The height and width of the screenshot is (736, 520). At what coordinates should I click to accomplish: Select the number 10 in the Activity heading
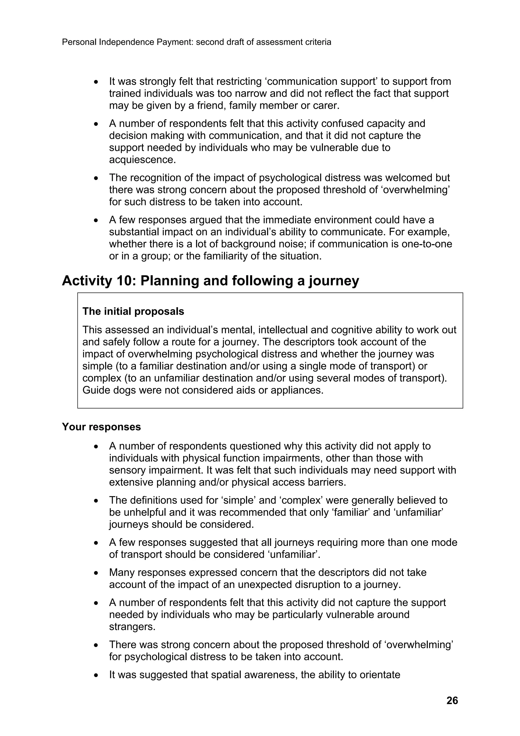[124, 281]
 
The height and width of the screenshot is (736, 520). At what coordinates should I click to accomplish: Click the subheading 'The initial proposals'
[133, 311]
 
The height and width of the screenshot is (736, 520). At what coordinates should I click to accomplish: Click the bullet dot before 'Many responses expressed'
[96, 573]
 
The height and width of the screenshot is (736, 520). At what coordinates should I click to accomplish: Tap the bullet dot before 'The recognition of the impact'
[96, 178]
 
